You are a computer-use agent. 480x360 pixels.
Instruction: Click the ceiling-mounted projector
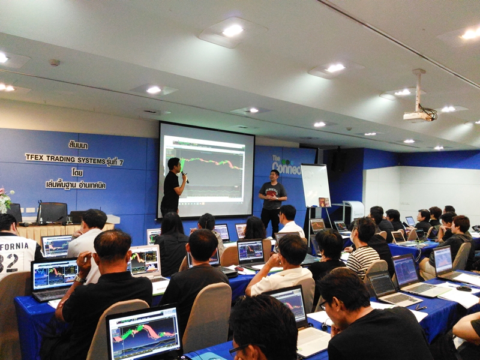pyautogui.click(x=418, y=116)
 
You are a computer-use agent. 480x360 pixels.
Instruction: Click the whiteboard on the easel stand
pyautogui.click(x=316, y=186)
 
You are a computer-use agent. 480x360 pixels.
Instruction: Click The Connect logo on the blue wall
pyautogui.click(x=286, y=163)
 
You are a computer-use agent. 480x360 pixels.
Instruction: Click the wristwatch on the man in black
pyautogui.click(x=79, y=279)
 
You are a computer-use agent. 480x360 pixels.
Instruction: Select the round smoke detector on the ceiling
pyautogui.click(x=55, y=62)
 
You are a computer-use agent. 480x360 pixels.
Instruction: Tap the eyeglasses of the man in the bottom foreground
pyautogui.click(x=238, y=349)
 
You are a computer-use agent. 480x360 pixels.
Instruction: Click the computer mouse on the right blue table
pyautogui.click(x=464, y=289)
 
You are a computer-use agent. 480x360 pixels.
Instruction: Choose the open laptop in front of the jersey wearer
pyautogui.click(x=55, y=277)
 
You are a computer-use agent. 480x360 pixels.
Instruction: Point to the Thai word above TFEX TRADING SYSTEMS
pyautogui.click(x=78, y=145)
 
